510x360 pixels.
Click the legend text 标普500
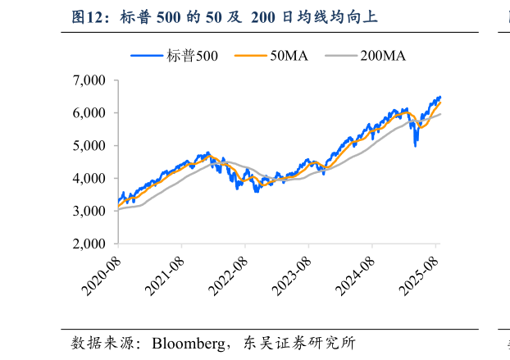point(192,56)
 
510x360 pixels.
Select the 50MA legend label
point(289,56)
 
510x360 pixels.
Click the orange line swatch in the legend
point(250,56)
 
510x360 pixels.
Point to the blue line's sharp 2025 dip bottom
point(416,145)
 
